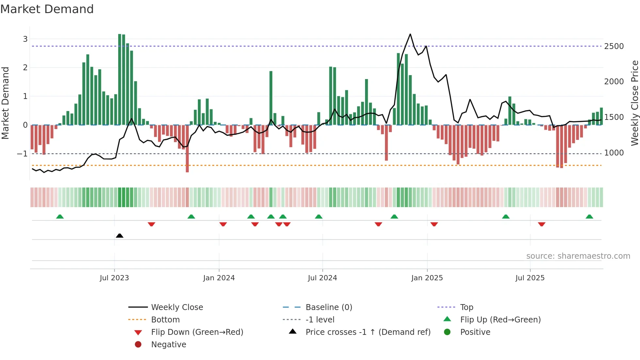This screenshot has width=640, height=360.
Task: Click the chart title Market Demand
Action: pyautogui.click(x=47, y=9)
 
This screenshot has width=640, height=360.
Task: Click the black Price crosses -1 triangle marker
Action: pyautogui.click(x=120, y=236)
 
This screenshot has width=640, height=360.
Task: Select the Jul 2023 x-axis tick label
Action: pyautogui.click(x=114, y=278)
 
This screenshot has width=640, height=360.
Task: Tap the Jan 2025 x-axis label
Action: pyautogui.click(x=427, y=278)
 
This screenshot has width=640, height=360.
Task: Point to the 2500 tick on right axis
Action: pyautogui.click(x=614, y=46)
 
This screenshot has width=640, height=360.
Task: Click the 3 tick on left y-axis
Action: pyautogui.click(x=25, y=39)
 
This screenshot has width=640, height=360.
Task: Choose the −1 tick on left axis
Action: pyautogui.click(x=22, y=154)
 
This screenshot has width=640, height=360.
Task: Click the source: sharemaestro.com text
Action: pyautogui.click(x=578, y=256)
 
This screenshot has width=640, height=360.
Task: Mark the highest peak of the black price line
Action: pyautogui.click(x=410, y=34)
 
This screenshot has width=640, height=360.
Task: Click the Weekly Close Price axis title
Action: pyautogui.click(x=634, y=103)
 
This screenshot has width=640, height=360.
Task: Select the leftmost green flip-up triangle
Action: pyautogui.click(x=60, y=217)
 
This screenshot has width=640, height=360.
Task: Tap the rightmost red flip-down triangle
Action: pyautogui.click(x=542, y=224)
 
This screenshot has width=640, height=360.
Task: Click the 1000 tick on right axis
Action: pyautogui.click(x=614, y=153)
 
